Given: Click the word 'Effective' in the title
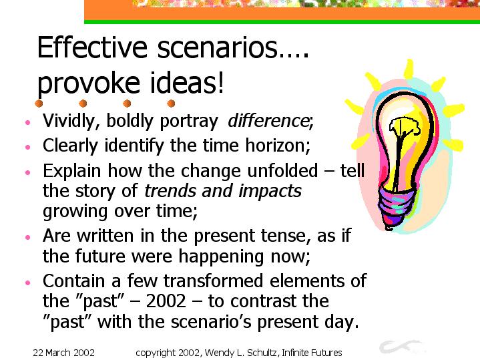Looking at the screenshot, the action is click(x=92, y=47).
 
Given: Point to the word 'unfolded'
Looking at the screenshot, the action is click(x=282, y=170).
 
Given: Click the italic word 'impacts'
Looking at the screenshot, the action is click(x=270, y=192).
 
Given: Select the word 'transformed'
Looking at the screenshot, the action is click(x=214, y=281).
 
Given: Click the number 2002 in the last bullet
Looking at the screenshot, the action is click(x=166, y=301).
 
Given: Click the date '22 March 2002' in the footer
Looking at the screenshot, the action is click(x=63, y=353).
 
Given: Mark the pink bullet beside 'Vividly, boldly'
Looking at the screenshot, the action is click(x=28, y=122).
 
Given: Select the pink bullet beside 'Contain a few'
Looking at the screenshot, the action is click(x=28, y=283).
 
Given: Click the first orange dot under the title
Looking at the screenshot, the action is click(x=39, y=104).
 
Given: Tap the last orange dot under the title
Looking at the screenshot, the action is click(x=171, y=104).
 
